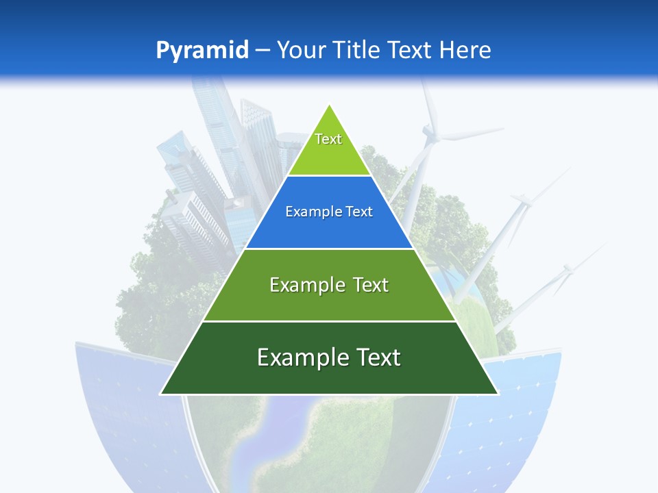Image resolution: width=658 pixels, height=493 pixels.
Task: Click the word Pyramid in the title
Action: coord(202,50)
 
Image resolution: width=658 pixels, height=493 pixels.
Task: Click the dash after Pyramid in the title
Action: coord(263,51)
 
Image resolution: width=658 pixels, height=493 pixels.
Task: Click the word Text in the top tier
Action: coord(328,139)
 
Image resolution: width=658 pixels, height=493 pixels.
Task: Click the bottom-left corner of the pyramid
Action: coord(160,394)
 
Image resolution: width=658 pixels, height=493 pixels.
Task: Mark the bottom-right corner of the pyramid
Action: coord(498,394)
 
